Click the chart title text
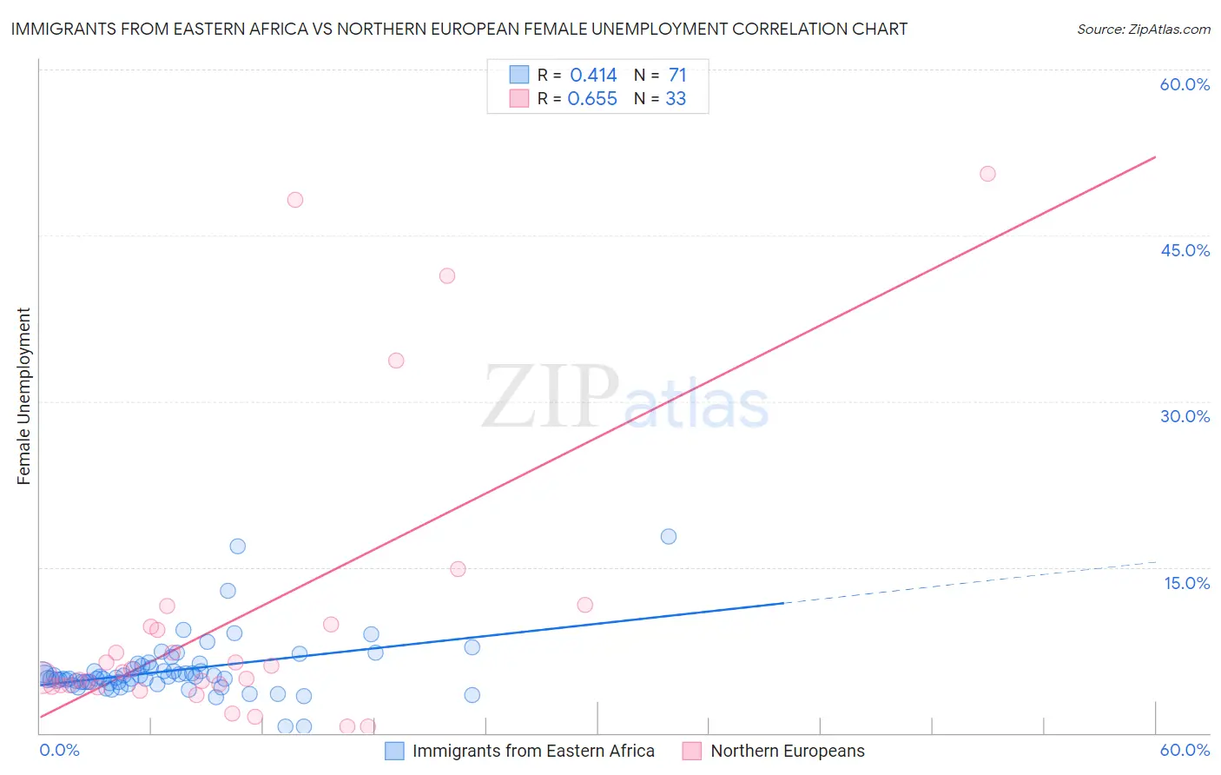(x=459, y=30)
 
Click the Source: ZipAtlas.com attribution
(x=1143, y=30)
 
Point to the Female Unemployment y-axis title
(x=23, y=396)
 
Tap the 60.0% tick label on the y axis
(x=1185, y=84)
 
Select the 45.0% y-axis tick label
(x=1185, y=250)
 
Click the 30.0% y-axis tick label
(x=1185, y=416)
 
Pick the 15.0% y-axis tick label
(x=1186, y=583)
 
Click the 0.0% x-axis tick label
(x=60, y=750)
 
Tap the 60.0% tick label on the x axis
(x=1185, y=750)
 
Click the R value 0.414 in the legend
(x=593, y=76)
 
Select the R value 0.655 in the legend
(x=592, y=99)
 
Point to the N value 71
(x=677, y=76)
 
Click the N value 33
(x=676, y=99)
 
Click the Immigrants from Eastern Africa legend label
(x=533, y=751)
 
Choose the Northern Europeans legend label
(x=788, y=751)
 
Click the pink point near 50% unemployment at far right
(x=987, y=174)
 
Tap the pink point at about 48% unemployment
(x=295, y=200)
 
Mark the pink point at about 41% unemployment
(x=447, y=276)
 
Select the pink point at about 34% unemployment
(x=396, y=361)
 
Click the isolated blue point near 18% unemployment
(x=669, y=537)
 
